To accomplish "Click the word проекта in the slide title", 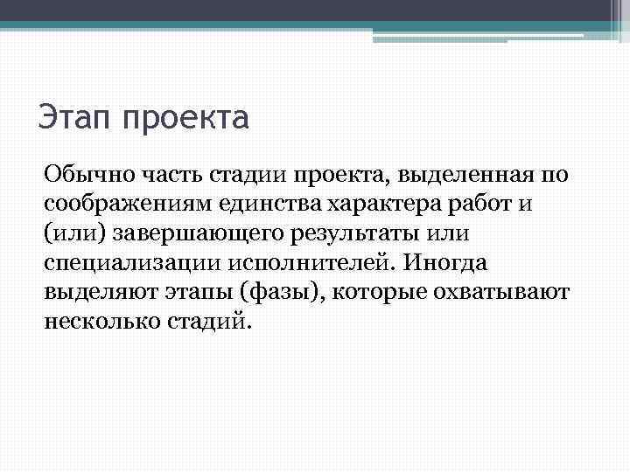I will click(185, 117).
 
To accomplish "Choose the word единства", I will click(256, 205).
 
